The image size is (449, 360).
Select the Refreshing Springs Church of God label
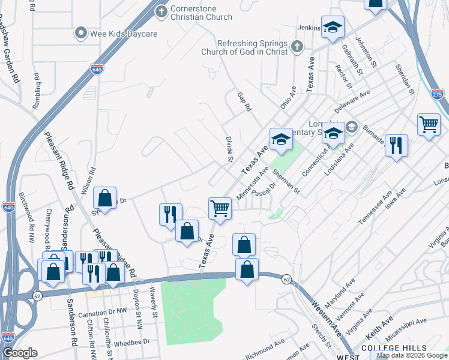[253, 47]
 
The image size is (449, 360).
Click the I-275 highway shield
[437, 95]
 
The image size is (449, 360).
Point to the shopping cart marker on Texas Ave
[220, 209]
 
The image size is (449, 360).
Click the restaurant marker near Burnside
[396, 146]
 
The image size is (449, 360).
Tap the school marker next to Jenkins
[332, 28]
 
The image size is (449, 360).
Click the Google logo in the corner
[20, 353]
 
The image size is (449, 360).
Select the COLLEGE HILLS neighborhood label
[394, 348]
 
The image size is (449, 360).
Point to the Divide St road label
[229, 149]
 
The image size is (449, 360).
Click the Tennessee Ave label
[375, 208]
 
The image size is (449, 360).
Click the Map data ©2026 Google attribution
[412, 355]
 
